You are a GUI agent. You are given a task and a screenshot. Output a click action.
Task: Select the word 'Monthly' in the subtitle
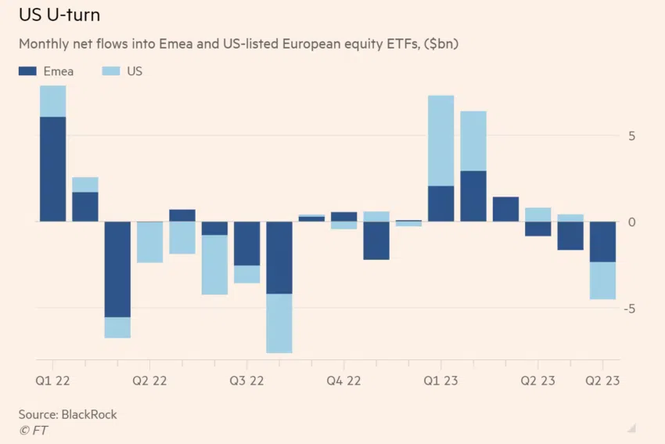click(42, 44)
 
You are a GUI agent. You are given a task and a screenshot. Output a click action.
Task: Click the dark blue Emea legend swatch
click(27, 71)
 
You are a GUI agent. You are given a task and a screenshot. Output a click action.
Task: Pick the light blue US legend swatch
click(112, 71)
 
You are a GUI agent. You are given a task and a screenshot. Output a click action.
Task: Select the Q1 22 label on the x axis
click(52, 381)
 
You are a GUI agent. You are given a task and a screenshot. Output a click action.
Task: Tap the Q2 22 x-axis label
click(149, 381)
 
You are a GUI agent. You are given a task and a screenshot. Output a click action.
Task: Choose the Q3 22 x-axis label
click(246, 381)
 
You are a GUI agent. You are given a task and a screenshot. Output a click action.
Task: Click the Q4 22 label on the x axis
click(343, 381)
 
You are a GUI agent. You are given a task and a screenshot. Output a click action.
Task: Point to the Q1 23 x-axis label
click(440, 381)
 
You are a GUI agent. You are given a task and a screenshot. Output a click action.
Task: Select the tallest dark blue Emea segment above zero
click(52, 169)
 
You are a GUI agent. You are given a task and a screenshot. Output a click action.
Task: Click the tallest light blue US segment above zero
click(441, 141)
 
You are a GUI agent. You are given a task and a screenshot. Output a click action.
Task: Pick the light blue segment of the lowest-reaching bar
click(279, 323)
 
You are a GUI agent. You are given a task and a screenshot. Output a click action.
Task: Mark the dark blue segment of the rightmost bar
click(602, 242)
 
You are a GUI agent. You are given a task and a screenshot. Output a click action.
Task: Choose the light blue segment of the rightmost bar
click(602, 280)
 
